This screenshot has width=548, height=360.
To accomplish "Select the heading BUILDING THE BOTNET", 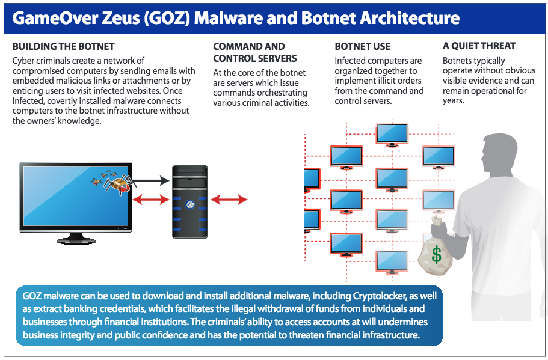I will click(x=63, y=46).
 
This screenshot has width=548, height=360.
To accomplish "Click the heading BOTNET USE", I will click(x=363, y=46).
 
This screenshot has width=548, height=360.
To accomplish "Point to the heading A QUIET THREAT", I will click(x=479, y=46).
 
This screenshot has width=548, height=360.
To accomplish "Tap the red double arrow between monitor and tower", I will click(x=150, y=200).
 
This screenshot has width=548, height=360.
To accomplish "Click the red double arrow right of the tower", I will click(x=229, y=200).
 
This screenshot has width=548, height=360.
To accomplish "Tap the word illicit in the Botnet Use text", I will click(x=384, y=81).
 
